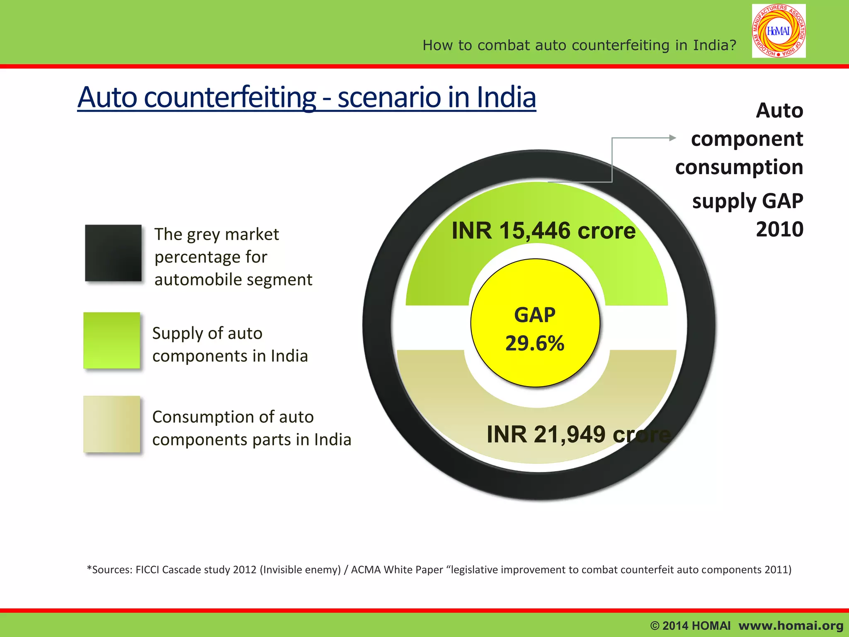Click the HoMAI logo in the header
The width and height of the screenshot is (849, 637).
pos(779,31)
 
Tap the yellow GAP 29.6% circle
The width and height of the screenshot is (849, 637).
pos(535,323)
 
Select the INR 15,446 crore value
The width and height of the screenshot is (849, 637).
pos(543,231)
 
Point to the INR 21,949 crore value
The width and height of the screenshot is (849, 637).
pos(578,434)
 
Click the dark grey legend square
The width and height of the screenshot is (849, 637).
pos(113,253)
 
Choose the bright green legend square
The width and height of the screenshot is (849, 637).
pos(112,340)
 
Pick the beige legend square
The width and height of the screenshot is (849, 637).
pos(112,424)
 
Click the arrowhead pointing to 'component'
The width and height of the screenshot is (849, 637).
pos(673,138)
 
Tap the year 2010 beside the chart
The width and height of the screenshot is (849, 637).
pos(779,229)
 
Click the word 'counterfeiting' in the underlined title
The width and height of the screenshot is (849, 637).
pos(230,97)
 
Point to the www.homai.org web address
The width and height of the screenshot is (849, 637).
pos(791,625)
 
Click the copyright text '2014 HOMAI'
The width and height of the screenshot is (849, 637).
pos(696,625)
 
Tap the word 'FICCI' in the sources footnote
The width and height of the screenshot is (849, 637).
pos(148,570)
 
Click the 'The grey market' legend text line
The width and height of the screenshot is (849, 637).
pos(216,235)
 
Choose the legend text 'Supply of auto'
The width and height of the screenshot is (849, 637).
pos(207,333)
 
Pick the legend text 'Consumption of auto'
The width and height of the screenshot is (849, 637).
pos(233,417)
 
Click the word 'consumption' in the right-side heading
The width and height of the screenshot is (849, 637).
pos(739,168)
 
